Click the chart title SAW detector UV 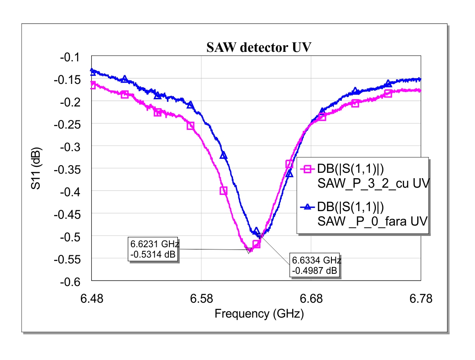coord(259,47)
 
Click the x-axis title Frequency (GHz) coord(259,314)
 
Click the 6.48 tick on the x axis coord(92,298)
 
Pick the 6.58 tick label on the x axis coord(201,298)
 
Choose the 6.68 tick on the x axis coord(311,298)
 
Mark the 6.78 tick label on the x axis coord(421,298)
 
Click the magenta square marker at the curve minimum coord(256,244)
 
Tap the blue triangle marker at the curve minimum coord(256,231)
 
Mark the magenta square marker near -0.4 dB coord(223,191)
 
